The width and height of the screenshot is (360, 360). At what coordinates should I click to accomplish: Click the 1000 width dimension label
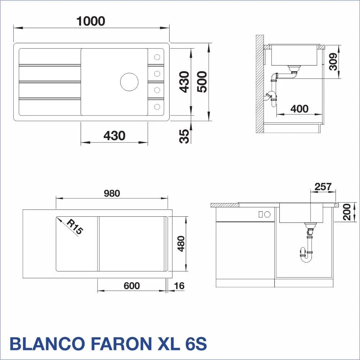(91, 21)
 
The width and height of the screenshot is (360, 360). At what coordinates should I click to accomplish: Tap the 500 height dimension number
(202, 82)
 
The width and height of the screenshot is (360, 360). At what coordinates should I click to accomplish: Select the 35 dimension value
(184, 136)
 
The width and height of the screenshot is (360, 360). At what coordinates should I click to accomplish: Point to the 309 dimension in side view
(333, 62)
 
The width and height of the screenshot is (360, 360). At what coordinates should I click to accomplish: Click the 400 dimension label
(300, 109)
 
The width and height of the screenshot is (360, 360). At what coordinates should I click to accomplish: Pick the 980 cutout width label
(112, 193)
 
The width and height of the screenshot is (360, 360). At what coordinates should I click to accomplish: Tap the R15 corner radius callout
(75, 226)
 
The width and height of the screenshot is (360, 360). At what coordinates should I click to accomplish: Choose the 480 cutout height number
(181, 244)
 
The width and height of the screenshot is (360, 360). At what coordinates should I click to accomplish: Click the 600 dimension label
(131, 286)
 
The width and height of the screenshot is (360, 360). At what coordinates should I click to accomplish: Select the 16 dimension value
(179, 286)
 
